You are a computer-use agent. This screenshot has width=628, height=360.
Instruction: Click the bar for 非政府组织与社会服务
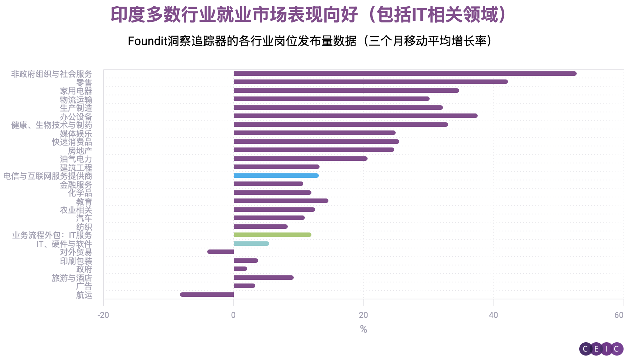tap(405, 74)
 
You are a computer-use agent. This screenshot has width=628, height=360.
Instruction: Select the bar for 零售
tap(371, 82)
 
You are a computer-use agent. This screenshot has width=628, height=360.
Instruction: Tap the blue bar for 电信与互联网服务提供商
tap(276, 176)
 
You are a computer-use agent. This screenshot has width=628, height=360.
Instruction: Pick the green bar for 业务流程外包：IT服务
tap(272, 235)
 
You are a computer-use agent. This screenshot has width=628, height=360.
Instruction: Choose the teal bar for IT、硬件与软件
tap(251, 244)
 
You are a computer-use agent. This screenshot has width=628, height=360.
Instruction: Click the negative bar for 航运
tap(207, 295)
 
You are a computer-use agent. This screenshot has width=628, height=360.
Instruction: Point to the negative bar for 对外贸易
tap(221, 252)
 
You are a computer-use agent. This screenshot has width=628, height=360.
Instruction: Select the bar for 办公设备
tap(355, 116)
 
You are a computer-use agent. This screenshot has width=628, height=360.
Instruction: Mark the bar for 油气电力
tap(300, 159)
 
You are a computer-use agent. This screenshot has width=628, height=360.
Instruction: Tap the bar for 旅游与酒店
tap(263, 278)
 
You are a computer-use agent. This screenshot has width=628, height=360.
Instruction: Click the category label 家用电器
tap(76, 91)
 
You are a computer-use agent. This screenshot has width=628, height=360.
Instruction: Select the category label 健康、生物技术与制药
tap(51, 125)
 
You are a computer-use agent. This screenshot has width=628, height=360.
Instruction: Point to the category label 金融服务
tap(76, 185)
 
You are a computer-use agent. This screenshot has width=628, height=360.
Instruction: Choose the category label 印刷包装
tap(76, 261)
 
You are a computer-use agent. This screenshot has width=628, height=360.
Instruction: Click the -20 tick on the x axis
tap(103, 315)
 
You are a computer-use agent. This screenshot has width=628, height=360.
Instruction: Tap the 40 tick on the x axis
tap(494, 315)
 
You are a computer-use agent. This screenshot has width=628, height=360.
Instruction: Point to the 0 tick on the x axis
tap(233, 315)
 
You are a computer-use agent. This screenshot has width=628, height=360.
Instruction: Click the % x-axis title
tap(364, 329)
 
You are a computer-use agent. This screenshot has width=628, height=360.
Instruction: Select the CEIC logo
tap(601, 349)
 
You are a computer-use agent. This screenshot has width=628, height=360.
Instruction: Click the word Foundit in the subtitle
tap(147, 41)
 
